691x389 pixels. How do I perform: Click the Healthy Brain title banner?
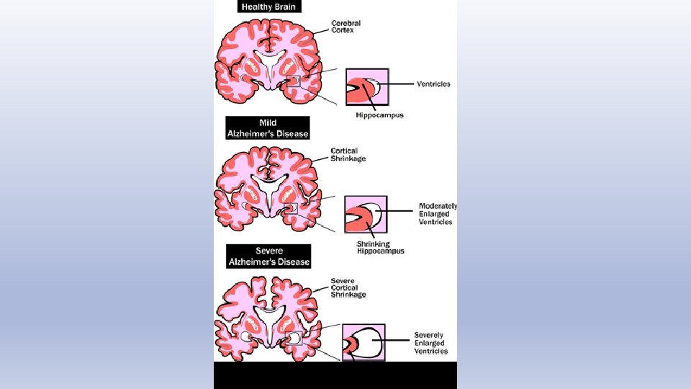[x=268, y=7]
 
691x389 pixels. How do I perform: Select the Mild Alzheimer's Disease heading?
[x=268, y=128]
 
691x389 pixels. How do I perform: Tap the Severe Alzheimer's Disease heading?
[x=268, y=256]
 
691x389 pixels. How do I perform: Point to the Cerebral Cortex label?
[x=345, y=27]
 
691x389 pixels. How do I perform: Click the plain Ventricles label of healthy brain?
[x=433, y=84]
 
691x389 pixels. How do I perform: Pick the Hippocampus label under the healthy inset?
[x=379, y=115]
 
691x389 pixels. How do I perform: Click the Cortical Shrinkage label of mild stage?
[x=348, y=154]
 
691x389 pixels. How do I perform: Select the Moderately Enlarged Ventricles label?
[x=438, y=214]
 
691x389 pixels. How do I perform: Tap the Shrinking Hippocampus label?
[x=380, y=247]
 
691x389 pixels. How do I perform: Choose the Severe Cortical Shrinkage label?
[x=348, y=287]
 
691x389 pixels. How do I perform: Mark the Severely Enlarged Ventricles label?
[x=431, y=343]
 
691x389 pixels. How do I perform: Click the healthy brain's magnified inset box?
[x=367, y=88]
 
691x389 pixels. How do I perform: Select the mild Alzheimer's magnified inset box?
[x=366, y=215]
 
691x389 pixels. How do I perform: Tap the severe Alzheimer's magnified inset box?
[x=365, y=341]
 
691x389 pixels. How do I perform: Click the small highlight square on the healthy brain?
[x=292, y=81]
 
